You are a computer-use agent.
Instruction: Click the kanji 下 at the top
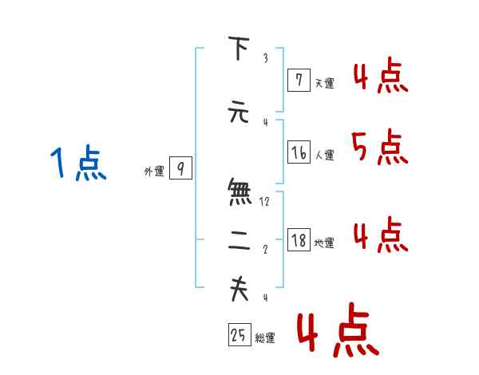pyautogui.click(x=239, y=49)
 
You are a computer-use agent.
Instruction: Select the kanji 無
pyautogui.click(x=239, y=192)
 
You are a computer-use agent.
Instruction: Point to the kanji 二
pyautogui.click(x=239, y=244)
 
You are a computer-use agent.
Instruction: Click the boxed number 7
pyautogui.click(x=299, y=80)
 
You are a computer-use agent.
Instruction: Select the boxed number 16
pyautogui.click(x=299, y=152)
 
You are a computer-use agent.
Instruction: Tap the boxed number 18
pyautogui.click(x=299, y=240)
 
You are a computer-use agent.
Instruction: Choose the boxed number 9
pyautogui.click(x=180, y=168)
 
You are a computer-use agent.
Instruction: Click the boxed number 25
pyautogui.click(x=239, y=335)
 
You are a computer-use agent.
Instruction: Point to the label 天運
pyautogui.click(x=324, y=82)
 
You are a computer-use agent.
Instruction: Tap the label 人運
pyautogui.click(x=324, y=155)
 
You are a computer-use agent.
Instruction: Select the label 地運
pyautogui.click(x=324, y=243)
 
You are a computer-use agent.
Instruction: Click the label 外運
pyautogui.click(x=153, y=171)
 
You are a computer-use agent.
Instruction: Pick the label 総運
pyautogui.click(x=265, y=337)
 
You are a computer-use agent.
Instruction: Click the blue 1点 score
pyautogui.click(x=77, y=164)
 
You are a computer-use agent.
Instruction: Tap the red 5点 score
pyautogui.click(x=379, y=147)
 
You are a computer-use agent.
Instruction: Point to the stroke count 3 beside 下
pyautogui.click(x=265, y=58)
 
